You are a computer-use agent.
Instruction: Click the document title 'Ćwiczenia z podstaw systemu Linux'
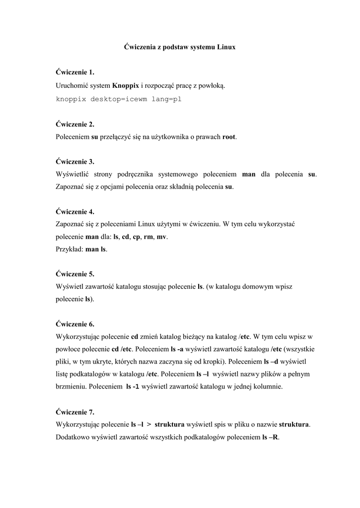pyautogui.click(x=179, y=47)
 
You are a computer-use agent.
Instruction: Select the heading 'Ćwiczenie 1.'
pyautogui.click(x=75, y=72)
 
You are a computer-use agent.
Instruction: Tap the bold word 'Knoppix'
pyautogui.click(x=126, y=85)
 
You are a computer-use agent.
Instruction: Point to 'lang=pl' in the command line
pyautogui.click(x=167, y=99)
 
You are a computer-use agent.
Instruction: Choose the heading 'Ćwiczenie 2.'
pyautogui.click(x=75, y=124)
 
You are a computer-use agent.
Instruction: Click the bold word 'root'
pyautogui.click(x=229, y=136)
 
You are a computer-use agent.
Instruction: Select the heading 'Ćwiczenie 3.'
pyautogui.click(x=75, y=162)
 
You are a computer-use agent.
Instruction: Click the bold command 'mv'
pyautogui.click(x=161, y=237)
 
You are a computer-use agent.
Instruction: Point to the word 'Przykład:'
pyautogui.click(x=70, y=250)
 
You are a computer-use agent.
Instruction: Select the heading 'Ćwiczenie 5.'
pyautogui.click(x=75, y=274)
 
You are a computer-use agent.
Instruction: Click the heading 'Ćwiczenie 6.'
pyautogui.click(x=75, y=324)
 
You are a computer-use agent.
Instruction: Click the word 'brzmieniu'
pyautogui.click(x=72, y=387)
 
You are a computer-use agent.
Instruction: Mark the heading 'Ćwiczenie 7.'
pyautogui.click(x=75, y=412)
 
